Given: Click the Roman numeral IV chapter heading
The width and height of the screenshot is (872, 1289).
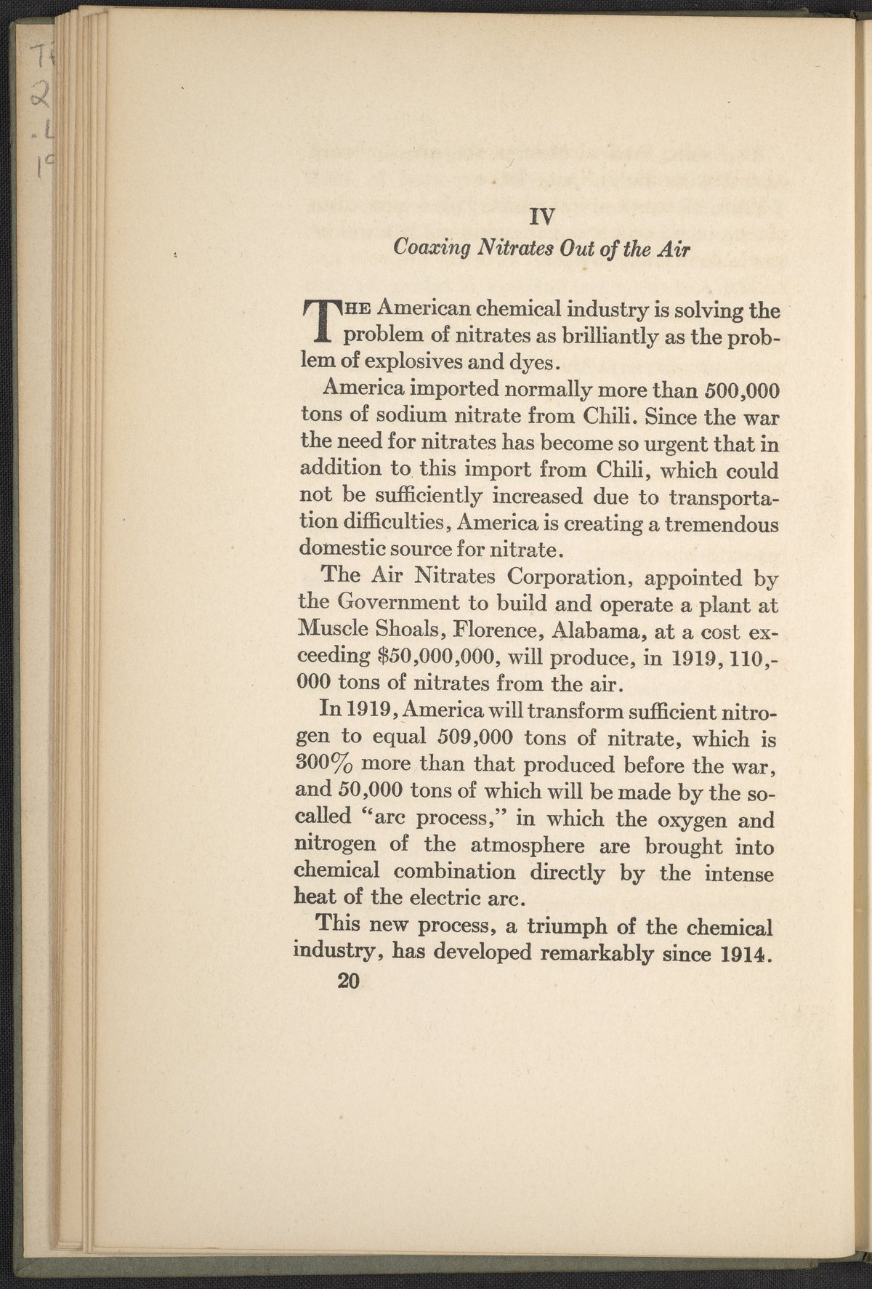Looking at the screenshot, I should click(x=543, y=216).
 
